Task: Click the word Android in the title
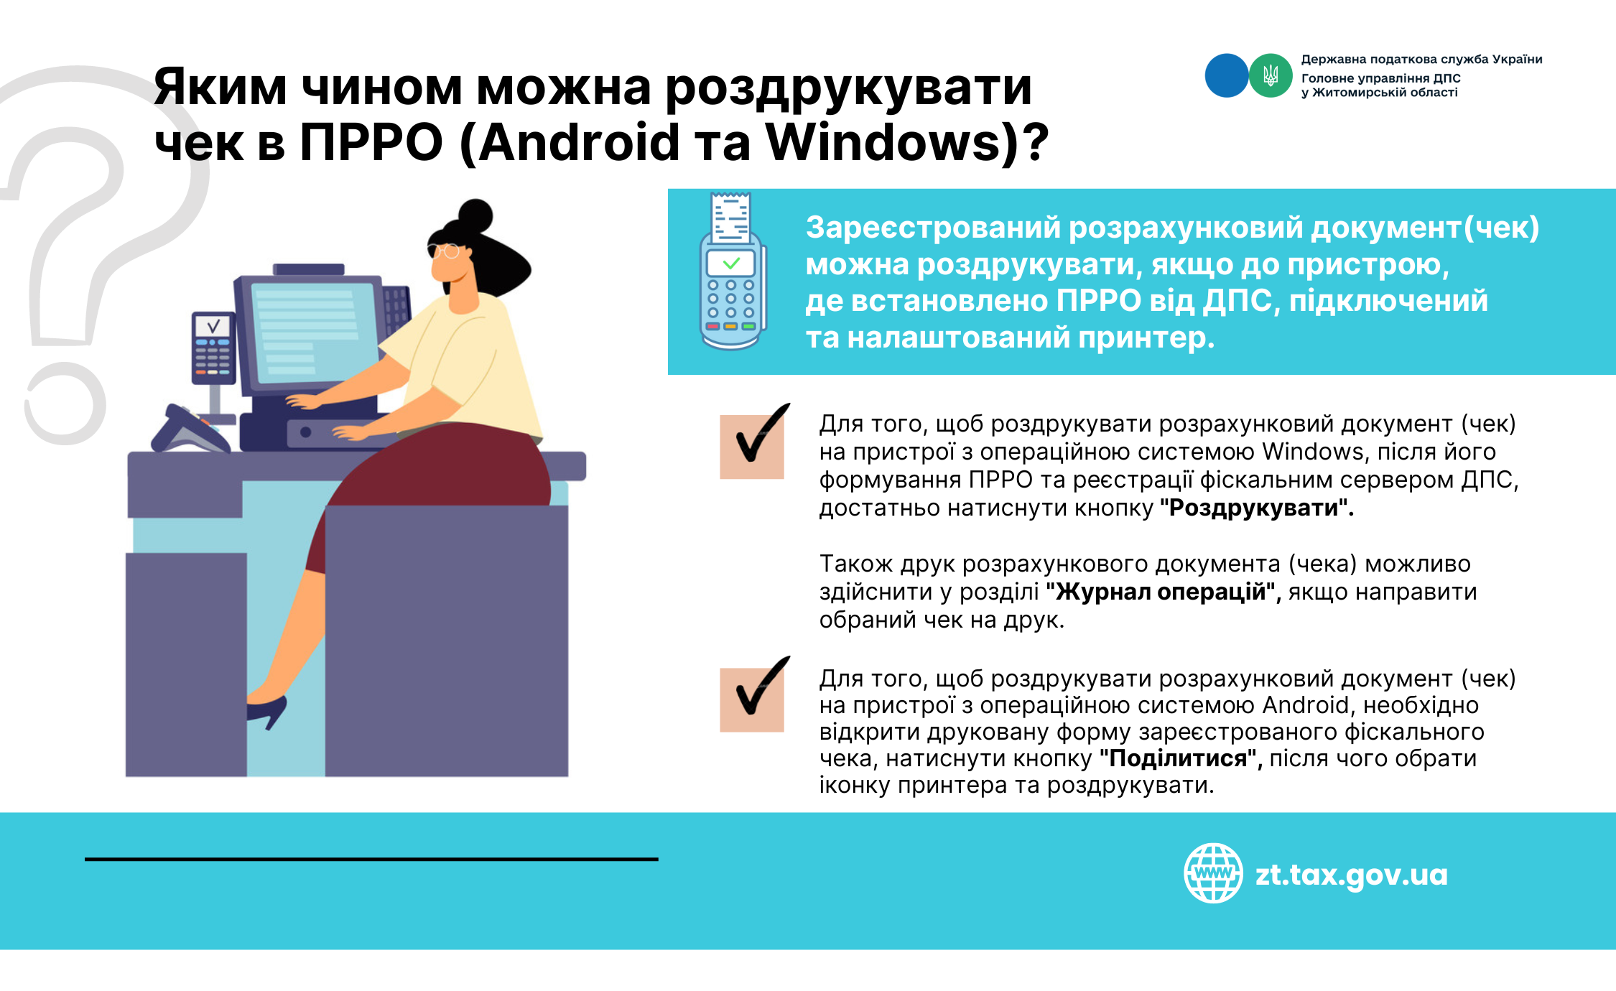coord(578,142)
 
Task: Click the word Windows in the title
coord(883,142)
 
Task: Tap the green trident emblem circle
coord(1271,75)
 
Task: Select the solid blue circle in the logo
coord(1227,75)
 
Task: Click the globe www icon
coord(1213,873)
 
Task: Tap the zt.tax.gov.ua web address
coord(1351,875)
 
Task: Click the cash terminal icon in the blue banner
coord(732,271)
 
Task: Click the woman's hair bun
coord(476,216)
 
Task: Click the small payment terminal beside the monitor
coord(213,348)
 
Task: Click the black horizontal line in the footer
coord(371,859)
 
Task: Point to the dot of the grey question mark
coord(65,404)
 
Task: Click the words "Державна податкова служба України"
coord(1421,60)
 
